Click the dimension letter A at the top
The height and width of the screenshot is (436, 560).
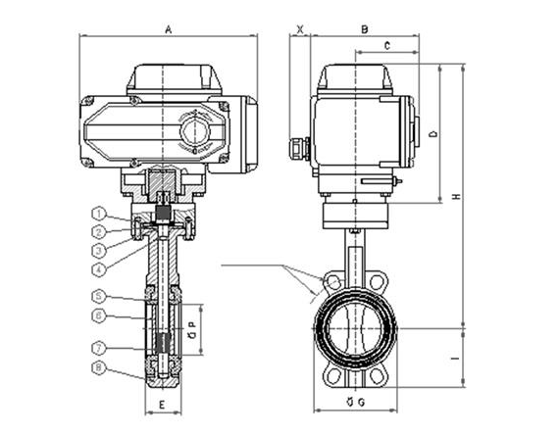tap(169, 29)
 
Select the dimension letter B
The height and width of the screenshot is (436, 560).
tap(364, 29)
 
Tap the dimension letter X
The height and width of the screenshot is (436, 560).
tap(300, 29)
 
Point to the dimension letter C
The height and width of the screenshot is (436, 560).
tap(387, 46)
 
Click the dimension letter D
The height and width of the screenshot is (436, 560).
tap(433, 134)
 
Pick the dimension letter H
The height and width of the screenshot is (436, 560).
tap(457, 196)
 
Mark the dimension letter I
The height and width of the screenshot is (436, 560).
tap(456, 358)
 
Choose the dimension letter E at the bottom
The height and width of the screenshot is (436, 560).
tap(162, 405)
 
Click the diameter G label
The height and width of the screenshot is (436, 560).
tap(356, 402)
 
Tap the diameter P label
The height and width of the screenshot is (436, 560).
tap(193, 329)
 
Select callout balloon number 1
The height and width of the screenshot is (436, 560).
tap(99, 214)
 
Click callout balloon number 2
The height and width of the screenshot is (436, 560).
tap(99, 232)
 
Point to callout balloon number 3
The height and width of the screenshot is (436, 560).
tap(99, 250)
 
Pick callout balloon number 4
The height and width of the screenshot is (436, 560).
tap(99, 269)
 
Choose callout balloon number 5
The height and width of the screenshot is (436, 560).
tap(99, 296)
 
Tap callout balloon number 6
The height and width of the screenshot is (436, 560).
tap(99, 315)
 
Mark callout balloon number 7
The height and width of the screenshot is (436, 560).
tap(99, 348)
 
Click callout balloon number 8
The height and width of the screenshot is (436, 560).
tap(99, 367)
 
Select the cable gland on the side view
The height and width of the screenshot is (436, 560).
tap(299, 148)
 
